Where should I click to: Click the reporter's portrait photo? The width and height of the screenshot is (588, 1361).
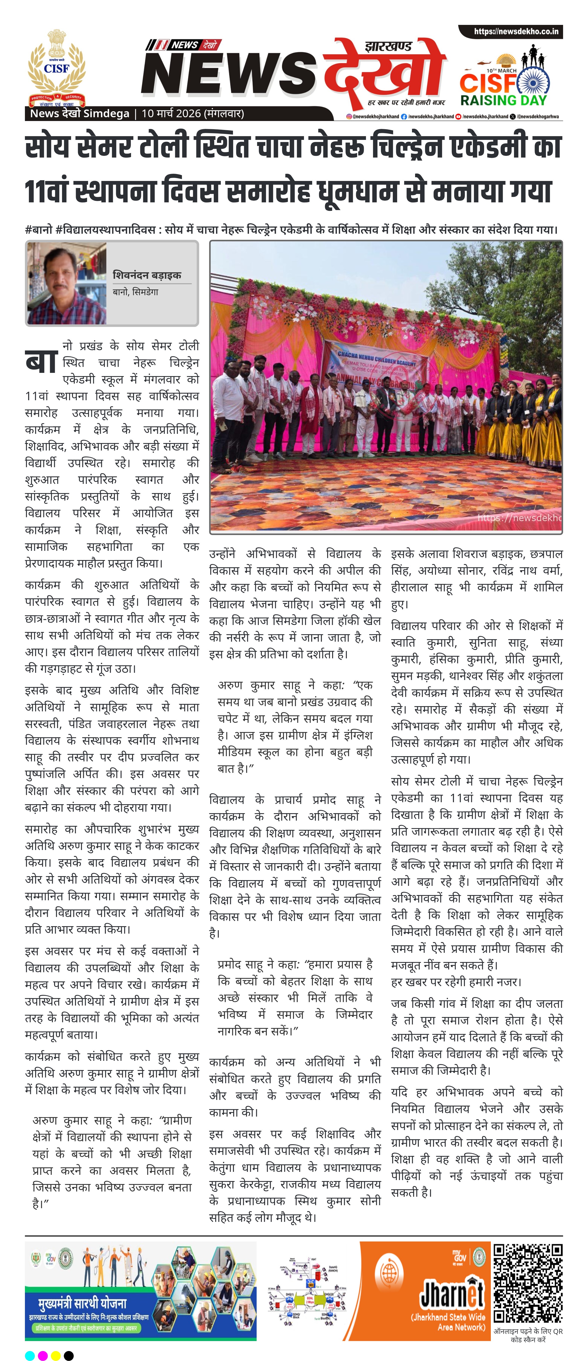point(66,283)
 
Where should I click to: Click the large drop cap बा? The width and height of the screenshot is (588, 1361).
point(41,361)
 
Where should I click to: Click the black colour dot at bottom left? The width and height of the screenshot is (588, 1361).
point(69,1355)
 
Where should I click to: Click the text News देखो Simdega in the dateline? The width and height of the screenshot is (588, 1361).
point(79,113)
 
